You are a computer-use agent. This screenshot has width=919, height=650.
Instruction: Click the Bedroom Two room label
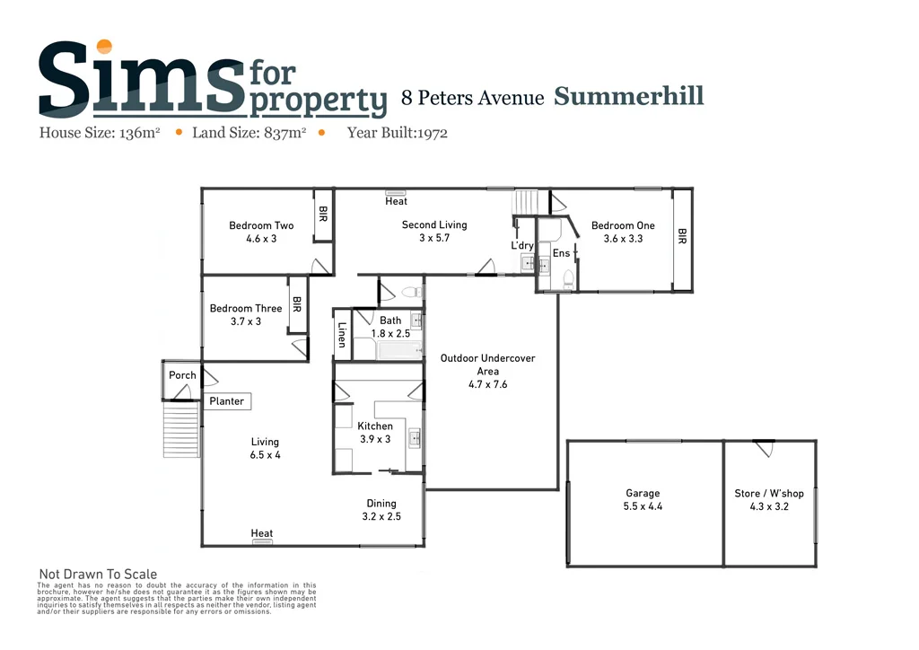pyautogui.click(x=261, y=225)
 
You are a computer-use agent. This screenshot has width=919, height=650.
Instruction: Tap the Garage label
pyautogui.click(x=643, y=493)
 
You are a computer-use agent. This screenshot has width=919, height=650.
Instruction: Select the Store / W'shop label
pyautogui.click(x=762, y=493)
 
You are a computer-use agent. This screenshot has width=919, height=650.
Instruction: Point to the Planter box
pyautogui.click(x=226, y=401)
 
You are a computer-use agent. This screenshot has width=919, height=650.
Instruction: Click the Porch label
pyautogui.click(x=182, y=375)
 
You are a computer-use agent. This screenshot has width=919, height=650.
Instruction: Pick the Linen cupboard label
pyautogui.click(x=342, y=336)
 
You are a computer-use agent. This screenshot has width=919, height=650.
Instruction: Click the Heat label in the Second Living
pyautogui.click(x=396, y=201)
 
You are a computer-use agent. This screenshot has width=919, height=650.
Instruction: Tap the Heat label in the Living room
pyautogui.click(x=262, y=533)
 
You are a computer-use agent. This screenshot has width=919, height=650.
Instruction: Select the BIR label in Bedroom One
pyautogui.click(x=682, y=237)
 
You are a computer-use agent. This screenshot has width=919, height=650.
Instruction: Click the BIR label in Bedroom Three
pyautogui.click(x=296, y=305)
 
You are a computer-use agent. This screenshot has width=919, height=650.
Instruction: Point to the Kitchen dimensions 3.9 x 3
pyautogui.click(x=375, y=439)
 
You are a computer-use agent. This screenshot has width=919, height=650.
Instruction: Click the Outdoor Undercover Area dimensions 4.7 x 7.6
pyautogui.click(x=487, y=384)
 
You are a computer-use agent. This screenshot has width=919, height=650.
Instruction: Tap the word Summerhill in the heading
pyautogui.click(x=628, y=96)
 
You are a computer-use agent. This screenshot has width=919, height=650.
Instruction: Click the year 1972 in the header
pyautogui.click(x=430, y=133)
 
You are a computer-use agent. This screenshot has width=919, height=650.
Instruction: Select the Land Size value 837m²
pyautogui.click(x=284, y=133)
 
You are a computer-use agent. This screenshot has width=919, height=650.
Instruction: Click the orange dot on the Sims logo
pyautogui.click(x=105, y=47)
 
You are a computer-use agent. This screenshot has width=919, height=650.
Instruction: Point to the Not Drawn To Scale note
pyautogui.click(x=98, y=575)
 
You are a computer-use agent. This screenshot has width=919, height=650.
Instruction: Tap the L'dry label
pyautogui.click(x=522, y=245)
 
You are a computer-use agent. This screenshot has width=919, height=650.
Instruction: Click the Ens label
pyautogui.click(x=561, y=254)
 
